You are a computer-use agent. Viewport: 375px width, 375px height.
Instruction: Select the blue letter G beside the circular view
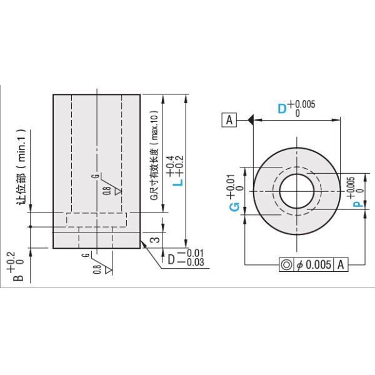coord(234,207)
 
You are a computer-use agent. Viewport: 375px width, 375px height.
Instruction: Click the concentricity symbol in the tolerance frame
coord(286,264)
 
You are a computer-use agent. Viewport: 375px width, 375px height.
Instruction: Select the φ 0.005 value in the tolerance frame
coord(314,264)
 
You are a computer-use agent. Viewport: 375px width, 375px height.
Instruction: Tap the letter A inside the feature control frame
coord(341,264)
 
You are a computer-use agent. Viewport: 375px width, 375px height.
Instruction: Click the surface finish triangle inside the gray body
coord(116,190)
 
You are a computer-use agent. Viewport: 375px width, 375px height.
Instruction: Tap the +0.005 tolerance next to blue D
coord(301,104)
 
